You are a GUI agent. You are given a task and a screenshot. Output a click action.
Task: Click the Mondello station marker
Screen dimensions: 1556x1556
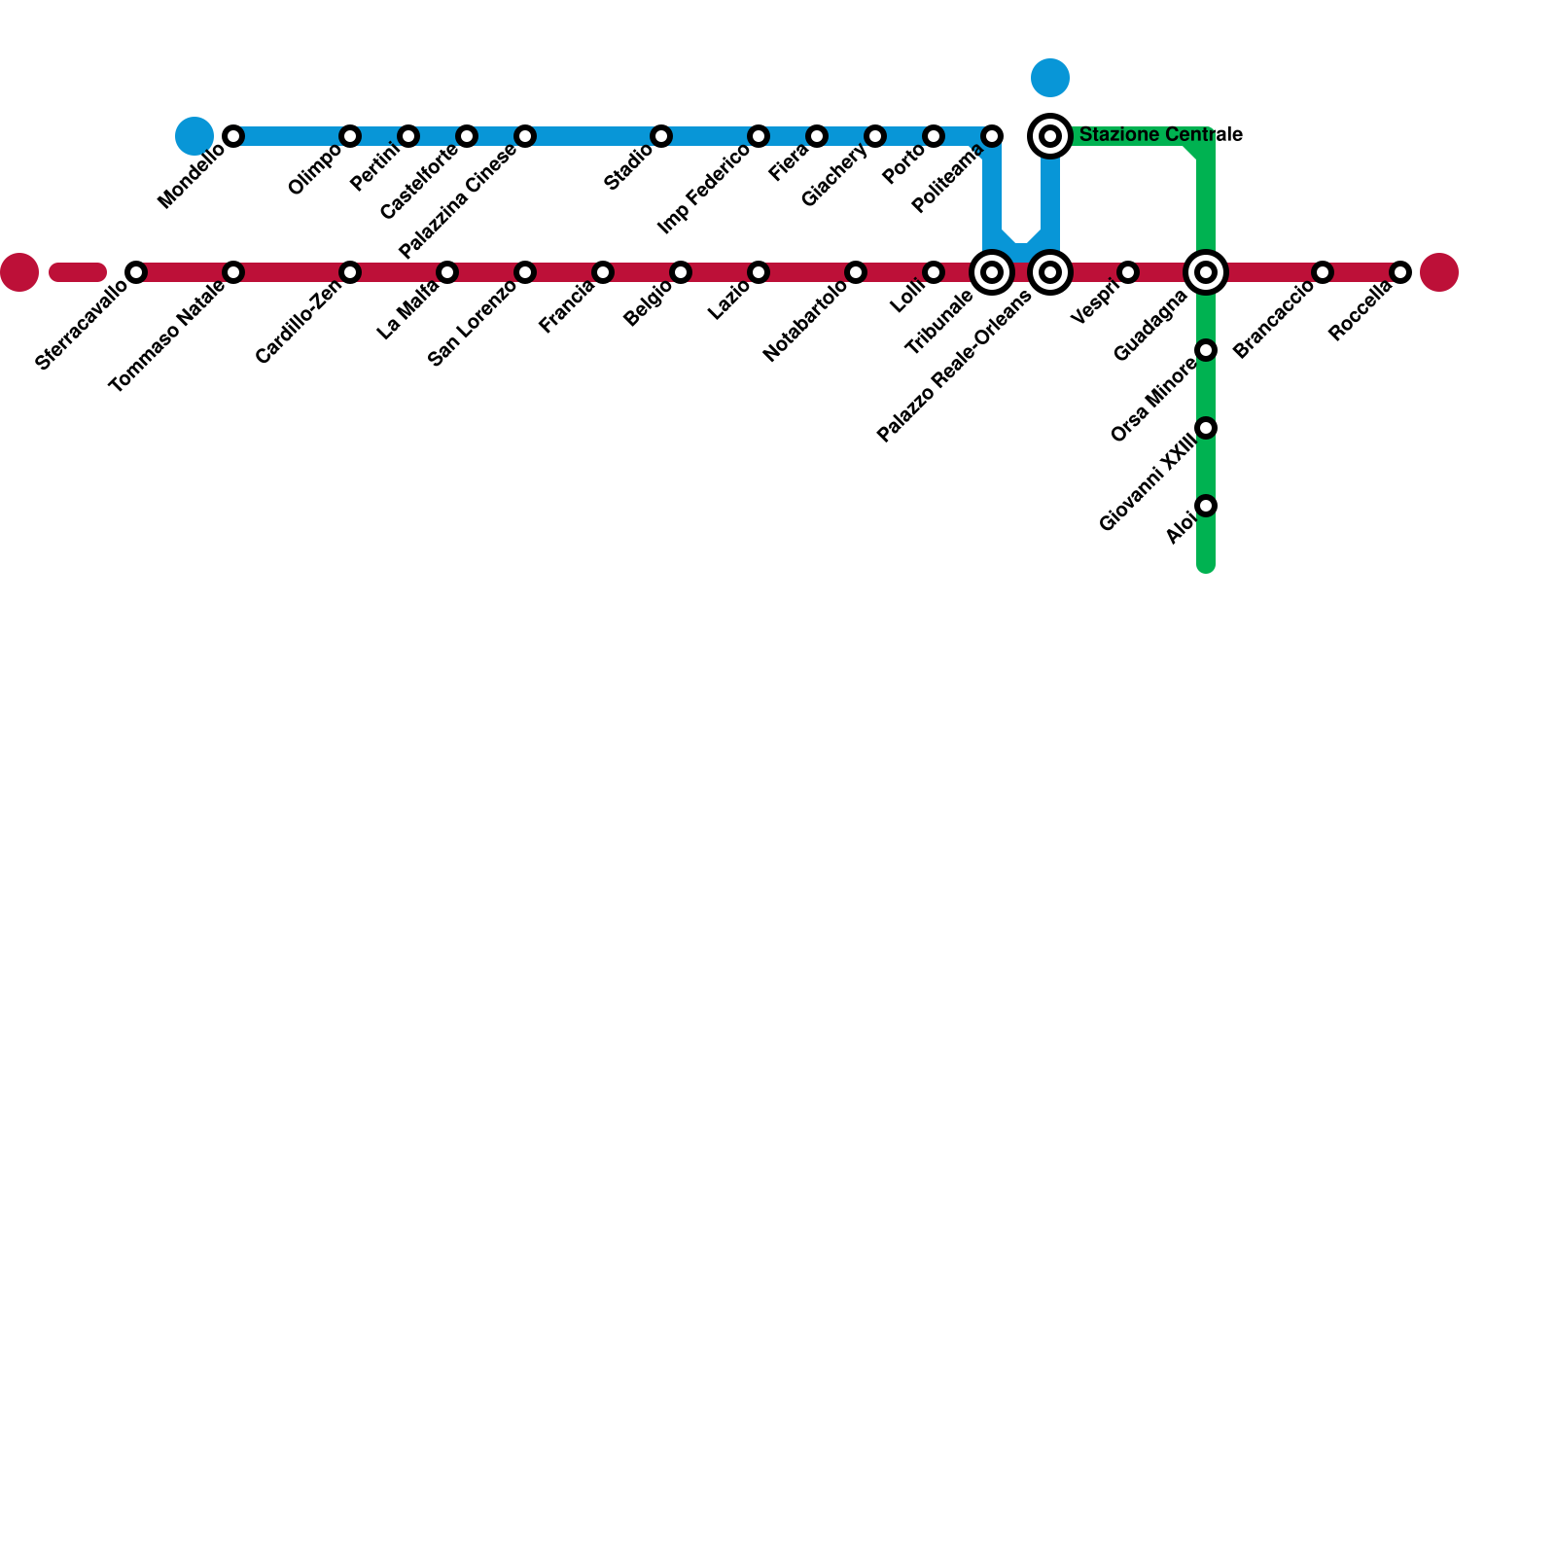233,136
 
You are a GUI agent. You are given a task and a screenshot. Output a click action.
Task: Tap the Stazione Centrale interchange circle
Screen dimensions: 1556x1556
1050,136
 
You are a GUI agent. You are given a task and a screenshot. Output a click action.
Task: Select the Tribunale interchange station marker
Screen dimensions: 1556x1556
992,272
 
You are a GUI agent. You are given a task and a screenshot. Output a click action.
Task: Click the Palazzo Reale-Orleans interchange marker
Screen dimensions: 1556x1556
1050,272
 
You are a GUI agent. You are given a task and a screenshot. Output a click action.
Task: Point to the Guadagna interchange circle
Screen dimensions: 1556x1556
1206,272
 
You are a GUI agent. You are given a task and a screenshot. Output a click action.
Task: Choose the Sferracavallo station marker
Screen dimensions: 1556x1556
136,272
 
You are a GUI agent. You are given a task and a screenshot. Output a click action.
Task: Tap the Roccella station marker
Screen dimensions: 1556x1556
1400,272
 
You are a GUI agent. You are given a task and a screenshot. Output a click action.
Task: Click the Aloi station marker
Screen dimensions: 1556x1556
1206,506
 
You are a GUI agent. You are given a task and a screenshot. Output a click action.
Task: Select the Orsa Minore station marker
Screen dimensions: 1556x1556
1206,350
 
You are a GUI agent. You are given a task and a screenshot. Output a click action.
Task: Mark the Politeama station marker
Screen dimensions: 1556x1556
992,136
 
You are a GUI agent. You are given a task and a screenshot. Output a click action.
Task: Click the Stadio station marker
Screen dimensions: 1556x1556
661,136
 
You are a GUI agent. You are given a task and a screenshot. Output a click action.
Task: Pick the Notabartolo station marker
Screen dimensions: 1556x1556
856,272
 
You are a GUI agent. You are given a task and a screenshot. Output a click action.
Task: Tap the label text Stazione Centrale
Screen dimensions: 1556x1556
1160,135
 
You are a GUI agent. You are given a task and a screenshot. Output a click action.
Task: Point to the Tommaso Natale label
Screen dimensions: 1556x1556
167,336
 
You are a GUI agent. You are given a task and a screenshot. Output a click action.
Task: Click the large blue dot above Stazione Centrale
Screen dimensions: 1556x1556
1050,78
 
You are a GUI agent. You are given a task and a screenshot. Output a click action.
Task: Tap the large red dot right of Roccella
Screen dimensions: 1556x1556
1439,272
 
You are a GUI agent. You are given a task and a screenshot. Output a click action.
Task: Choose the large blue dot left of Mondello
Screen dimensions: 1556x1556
194,136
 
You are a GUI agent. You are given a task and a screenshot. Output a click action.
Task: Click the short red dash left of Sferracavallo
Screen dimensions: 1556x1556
78,272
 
